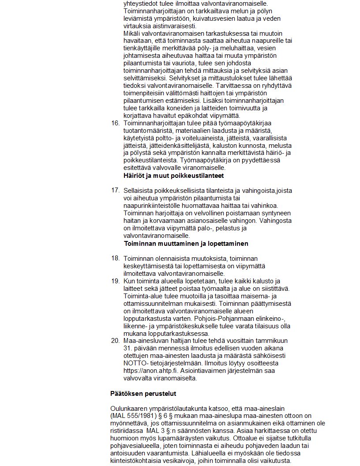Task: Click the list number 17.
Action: [x=115, y=191]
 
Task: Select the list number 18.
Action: [x=115, y=258]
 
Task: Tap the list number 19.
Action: [x=115, y=281]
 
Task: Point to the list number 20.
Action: [x=115, y=341]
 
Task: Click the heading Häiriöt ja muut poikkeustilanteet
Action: [x=174, y=176]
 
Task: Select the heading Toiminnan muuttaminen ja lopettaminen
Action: [x=186, y=244]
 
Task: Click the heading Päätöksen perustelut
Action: [x=137, y=393]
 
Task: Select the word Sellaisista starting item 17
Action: [x=139, y=191]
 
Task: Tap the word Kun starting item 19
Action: [x=130, y=281]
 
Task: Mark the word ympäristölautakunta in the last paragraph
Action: [x=176, y=409]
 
